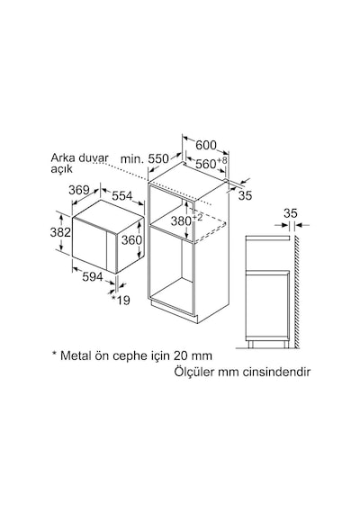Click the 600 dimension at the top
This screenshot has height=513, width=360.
click(x=206, y=145)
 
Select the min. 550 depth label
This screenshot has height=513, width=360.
click(x=145, y=159)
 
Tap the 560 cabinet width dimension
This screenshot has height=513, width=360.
click(x=211, y=163)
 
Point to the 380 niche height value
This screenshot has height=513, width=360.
click(x=186, y=220)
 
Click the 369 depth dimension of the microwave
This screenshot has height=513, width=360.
click(x=79, y=190)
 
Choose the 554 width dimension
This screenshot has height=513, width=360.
click(x=122, y=195)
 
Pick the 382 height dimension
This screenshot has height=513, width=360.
click(x=60, y=232)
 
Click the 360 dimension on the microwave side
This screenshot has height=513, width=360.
click(x=132, y=240)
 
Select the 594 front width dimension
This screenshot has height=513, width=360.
click(x=93, y=277)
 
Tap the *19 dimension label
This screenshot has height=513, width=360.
click(x=121, y=300)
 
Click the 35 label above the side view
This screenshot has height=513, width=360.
click(x=291, y=213)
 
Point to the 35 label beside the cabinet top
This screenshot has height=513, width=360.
click(x=245, y=195)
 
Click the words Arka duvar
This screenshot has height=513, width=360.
click(x=79, y=157)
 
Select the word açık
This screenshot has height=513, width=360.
click(x=61, y=169)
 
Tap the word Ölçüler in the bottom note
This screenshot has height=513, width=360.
click(x=193, y=372)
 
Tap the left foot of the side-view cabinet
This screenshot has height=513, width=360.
click(x=251, y=345)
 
